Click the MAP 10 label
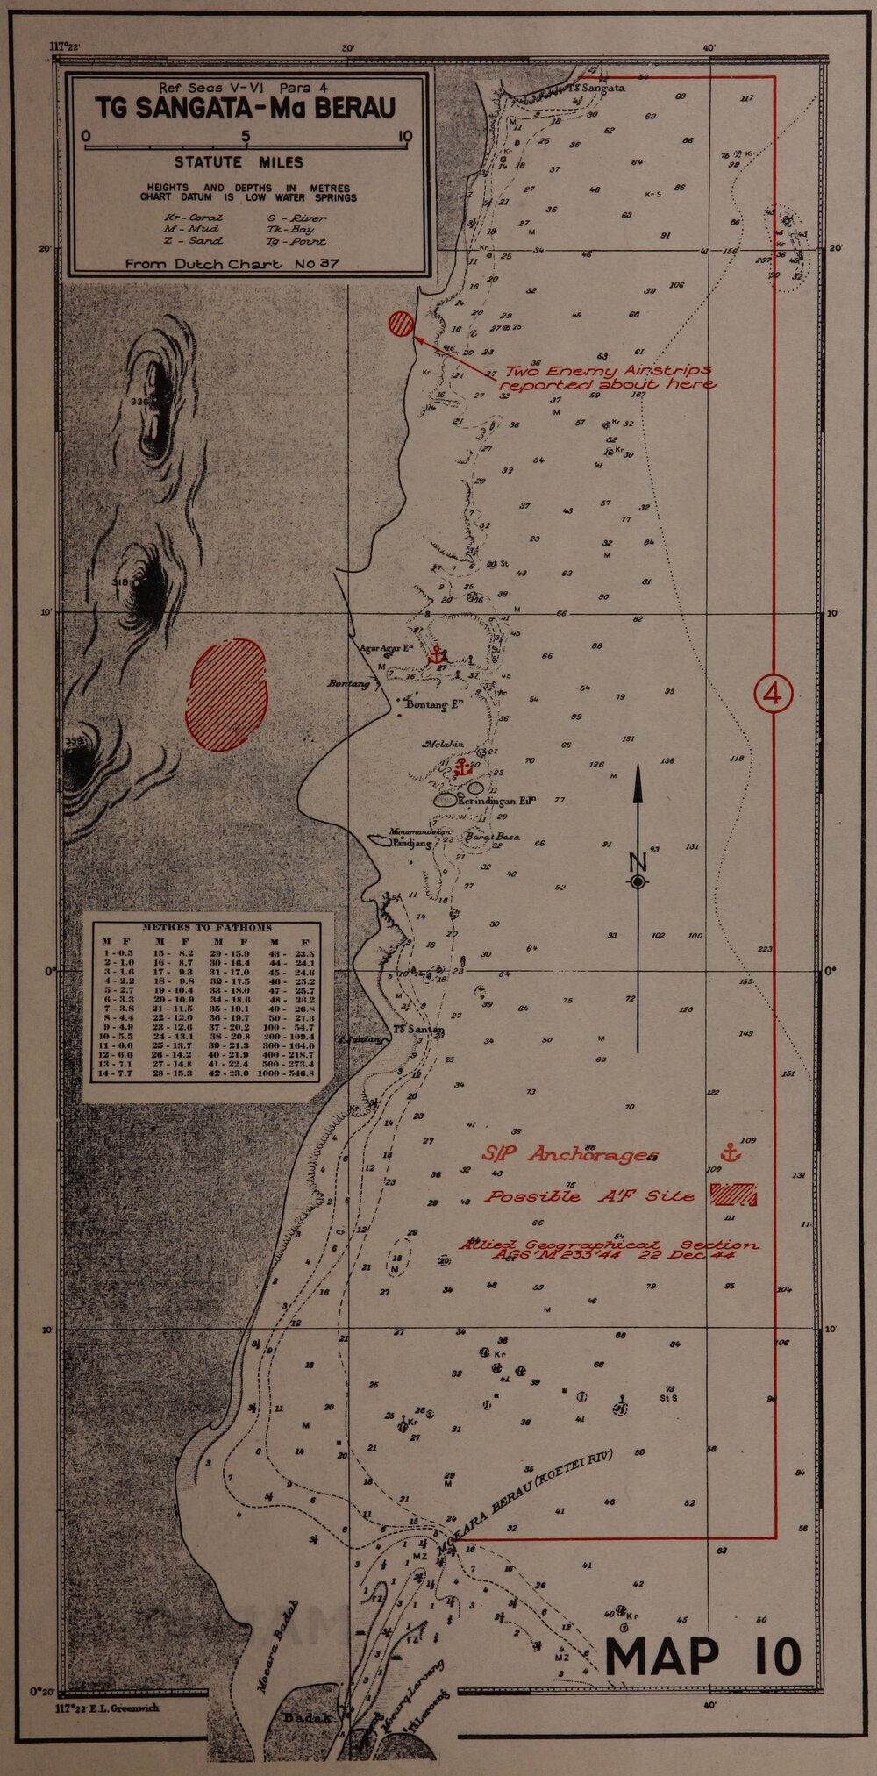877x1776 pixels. click(703, 1656)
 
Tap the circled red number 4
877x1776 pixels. click(774, 694)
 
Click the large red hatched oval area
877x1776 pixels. click(225, 695)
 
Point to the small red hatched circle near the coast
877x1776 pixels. click(401, 324)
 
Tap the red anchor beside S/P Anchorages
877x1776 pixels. click(730, 1152)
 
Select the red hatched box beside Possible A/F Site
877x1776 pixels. click(733, 1194)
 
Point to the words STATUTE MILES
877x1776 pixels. click(239, 162)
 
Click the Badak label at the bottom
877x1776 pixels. click(307, 1717)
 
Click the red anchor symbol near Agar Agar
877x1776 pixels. click(436, 653)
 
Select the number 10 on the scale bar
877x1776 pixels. click(404, 136)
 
